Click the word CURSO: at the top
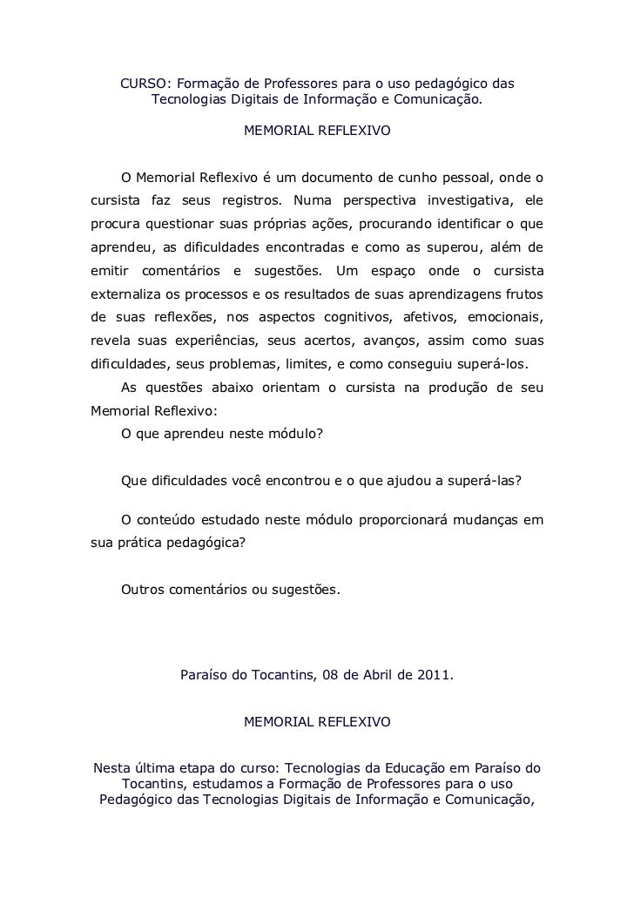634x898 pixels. click(143, 84)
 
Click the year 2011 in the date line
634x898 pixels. click(435, 675)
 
